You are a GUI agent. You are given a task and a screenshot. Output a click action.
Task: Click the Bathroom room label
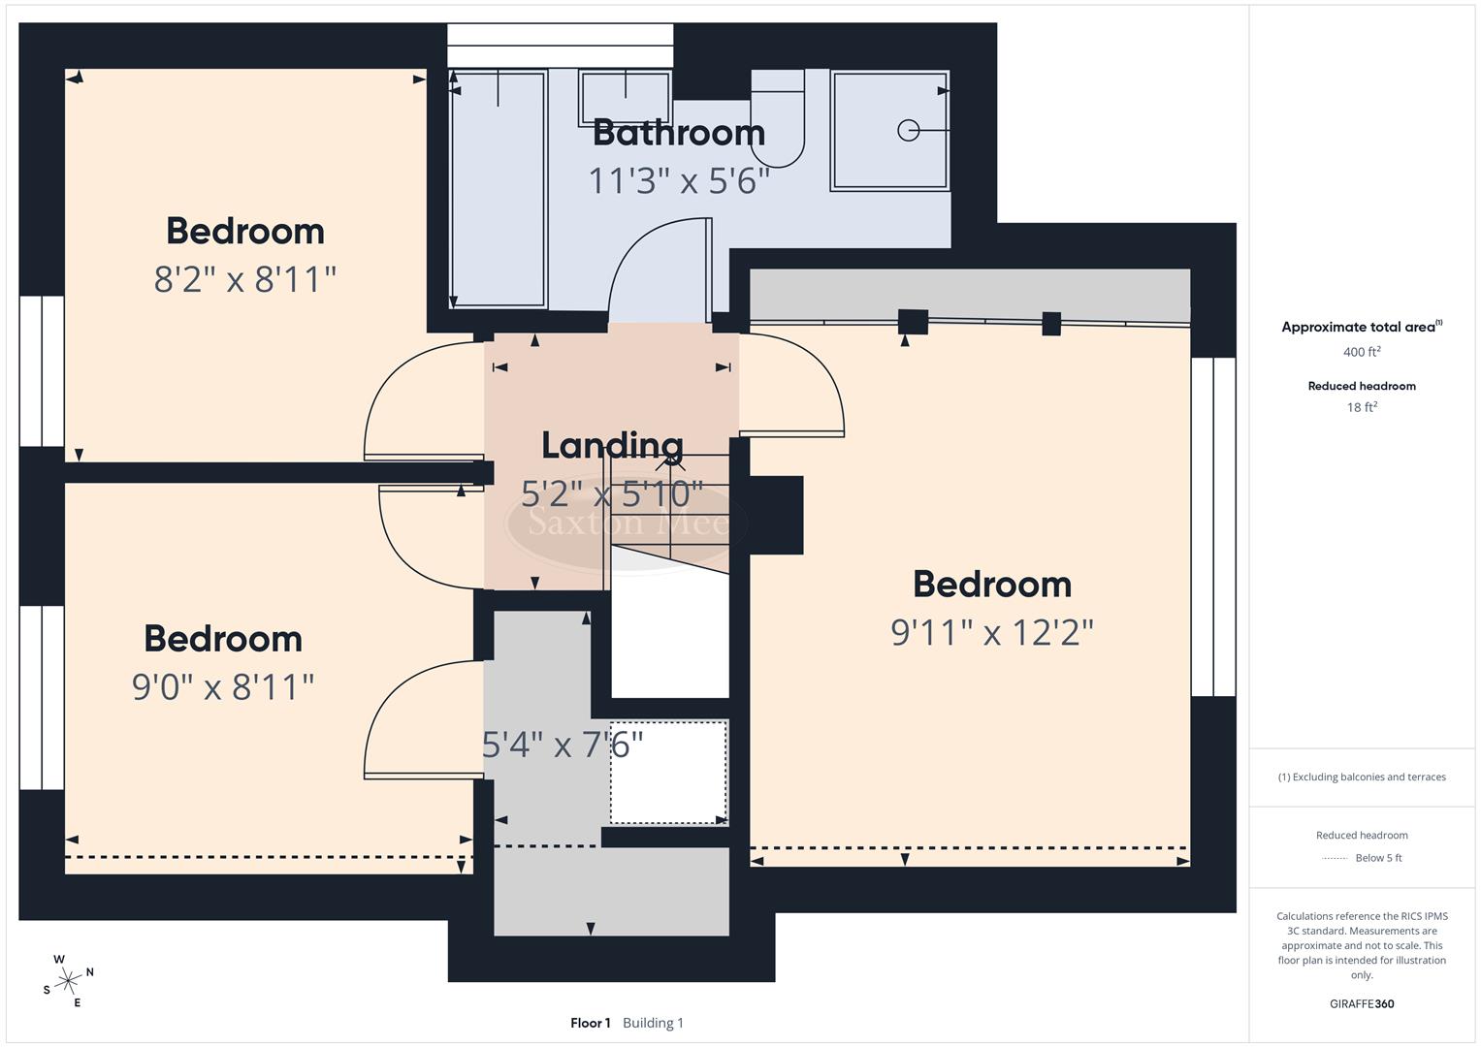pyautogui.click(x=678, y=133)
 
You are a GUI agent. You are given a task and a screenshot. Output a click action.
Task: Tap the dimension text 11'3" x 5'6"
pyautogui.click(x=678, y=180)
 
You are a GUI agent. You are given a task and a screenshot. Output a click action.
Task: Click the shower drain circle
pyautogui.click(x=908, y=130)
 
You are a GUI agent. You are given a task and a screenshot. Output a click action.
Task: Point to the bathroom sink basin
pyautogui.click(x=625, y=97)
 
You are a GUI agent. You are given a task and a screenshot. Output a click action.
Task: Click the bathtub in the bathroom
pyautogui.click(x=499, y=189)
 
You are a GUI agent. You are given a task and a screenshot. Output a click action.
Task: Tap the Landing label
pyautogui.click(x=612, y=445)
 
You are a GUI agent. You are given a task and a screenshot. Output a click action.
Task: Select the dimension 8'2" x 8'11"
pyautogui.click(x=245, y=280)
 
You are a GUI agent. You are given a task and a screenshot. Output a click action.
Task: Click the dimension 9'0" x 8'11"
pyautogui.click(x=223, y=687)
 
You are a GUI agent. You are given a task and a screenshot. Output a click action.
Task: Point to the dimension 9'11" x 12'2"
pyautogui.click(x=991, y=633)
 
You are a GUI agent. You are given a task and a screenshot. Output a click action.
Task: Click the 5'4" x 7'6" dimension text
pyautogui.click(x=563, y=745)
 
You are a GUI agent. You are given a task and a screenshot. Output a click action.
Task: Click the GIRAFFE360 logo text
pyautogui.click(x=1361, y=1003)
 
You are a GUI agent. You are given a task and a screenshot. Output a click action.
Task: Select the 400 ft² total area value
pyautogui.click(x=1361, y=352)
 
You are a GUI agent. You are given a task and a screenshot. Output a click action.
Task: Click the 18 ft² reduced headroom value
pyautogui.click(x=1361, y=407)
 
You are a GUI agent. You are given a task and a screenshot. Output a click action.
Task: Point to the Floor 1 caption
pyautogui.click(x=590, y=1023)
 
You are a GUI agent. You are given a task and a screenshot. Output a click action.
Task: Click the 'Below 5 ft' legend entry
pyautogui.click(x=1377, y=858)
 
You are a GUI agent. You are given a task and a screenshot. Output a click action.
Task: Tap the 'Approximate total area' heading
pyautogui.click(x=1360, y=328)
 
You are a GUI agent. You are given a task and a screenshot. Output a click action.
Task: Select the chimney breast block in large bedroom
pyautogui.click(x=776, y=515)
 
